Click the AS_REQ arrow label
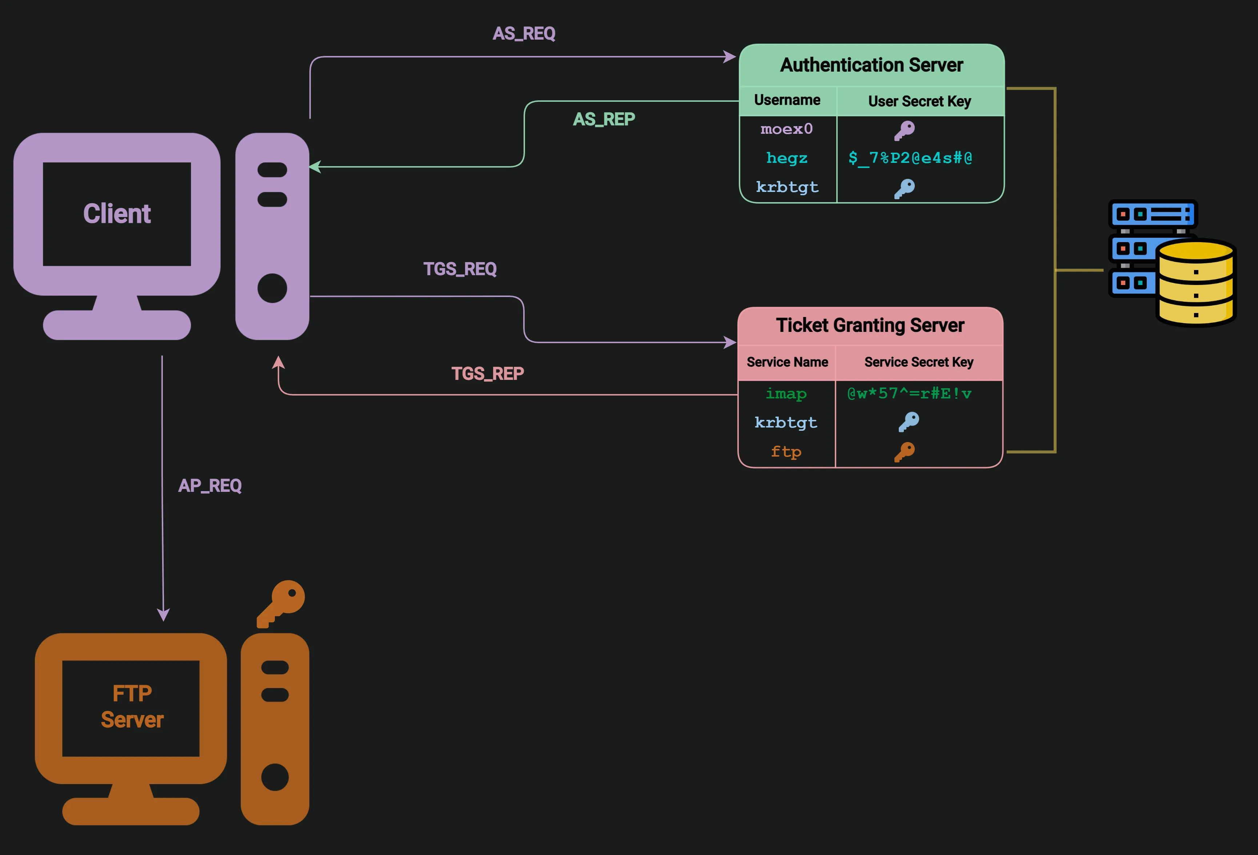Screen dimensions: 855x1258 tap(524, 33)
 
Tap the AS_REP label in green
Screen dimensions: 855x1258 tap(604, 119)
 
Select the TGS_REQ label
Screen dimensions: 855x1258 tap(460, 269)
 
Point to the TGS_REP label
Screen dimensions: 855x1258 tap(487, 373)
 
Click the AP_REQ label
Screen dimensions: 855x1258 tap(209, 485)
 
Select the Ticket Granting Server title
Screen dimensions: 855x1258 tap(870, 325)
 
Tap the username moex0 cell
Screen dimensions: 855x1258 tap(786, 129)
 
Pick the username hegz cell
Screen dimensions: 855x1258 tap(786, 158)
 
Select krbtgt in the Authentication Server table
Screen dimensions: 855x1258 tap(786, 187)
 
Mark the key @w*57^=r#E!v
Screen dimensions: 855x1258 tap(909, 393)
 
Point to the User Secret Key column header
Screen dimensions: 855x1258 tap(919, 101)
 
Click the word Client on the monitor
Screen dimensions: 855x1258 tap(117, 214)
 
